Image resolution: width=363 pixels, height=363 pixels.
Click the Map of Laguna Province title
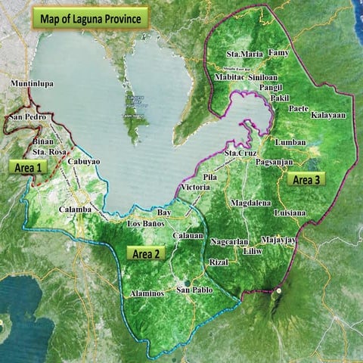pos(90,18)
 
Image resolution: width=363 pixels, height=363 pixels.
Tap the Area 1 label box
pos(25,167)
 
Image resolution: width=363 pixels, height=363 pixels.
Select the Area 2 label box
pos(147,253)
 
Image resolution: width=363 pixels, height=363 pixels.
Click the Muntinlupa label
pos(33,84)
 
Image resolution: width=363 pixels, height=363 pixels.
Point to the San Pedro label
pos(27,118)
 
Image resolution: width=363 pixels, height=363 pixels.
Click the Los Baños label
pos(145,224)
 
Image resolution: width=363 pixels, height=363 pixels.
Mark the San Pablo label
pos(194,290)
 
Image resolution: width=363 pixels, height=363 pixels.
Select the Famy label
pos(279,54)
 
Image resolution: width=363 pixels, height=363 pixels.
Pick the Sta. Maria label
pos(244,54)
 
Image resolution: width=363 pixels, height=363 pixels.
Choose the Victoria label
pos(196,187)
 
